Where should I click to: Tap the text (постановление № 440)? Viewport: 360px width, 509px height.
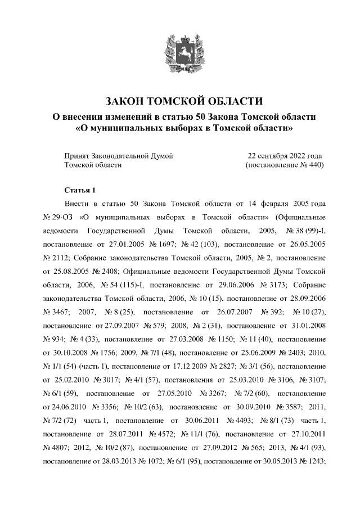pos(285,165)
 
